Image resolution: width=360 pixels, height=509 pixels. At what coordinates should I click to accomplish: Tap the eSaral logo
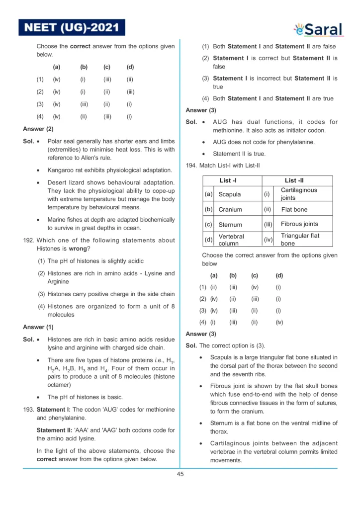tap(318, 29)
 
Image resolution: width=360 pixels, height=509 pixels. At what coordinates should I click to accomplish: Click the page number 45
tap(180, 474)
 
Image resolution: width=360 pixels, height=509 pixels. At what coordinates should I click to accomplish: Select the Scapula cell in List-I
tap(230, 194)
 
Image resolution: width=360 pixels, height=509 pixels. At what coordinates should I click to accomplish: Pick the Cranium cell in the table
tap(230, 210)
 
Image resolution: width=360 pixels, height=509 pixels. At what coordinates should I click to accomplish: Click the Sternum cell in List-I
tap(230, 225)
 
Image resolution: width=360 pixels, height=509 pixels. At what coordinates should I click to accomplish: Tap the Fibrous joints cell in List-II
tap(299, 224)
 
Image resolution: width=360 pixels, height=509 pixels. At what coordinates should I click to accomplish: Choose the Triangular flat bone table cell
tap(300, 240)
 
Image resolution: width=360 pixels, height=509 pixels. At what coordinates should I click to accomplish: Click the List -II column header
tap(297, 181)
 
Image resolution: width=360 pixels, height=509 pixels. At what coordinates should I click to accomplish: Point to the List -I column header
tap(232, 181)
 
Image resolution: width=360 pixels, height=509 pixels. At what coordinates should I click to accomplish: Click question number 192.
tap(28, 241)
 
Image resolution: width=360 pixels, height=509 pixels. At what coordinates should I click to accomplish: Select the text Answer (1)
tap(38, 327)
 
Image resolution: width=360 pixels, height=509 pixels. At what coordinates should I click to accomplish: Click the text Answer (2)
tap(38, 129)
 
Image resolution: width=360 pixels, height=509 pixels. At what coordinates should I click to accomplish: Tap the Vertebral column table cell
tap(232, 240)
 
